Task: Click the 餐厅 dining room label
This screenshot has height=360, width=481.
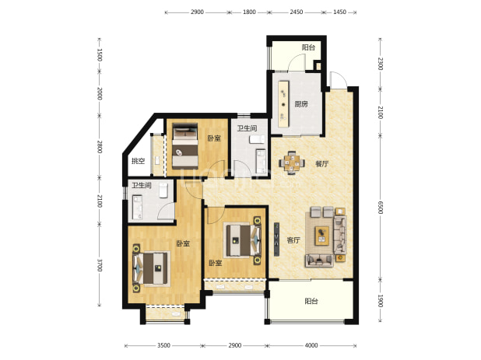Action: pos(321,164)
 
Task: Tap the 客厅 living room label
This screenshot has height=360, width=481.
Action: pos(293,240)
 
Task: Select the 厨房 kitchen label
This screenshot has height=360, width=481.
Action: pos(301,104)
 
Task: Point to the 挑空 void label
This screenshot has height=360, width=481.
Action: pos(138,161)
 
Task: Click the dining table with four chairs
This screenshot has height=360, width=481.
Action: pos(292,163)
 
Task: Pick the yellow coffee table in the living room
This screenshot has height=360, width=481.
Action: pos(321,236)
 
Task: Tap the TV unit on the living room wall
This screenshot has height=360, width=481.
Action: pos(277,239)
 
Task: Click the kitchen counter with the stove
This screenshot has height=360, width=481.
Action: pos(284,103)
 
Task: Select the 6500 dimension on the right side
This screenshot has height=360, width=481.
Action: pos(381,208)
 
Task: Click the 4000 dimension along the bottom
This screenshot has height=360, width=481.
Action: pos(311,345)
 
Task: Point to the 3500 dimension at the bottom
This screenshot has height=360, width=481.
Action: pos(163,345)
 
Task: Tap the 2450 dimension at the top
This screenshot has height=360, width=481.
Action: pos(297,12)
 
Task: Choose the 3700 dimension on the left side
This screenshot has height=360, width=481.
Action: pos(100,265)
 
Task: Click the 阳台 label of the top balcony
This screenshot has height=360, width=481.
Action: pos(308,47)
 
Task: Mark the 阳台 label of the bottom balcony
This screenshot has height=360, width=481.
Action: pos(311,301)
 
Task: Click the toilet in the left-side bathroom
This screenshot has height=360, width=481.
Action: pos(163,190)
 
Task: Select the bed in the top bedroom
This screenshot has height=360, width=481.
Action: pos(184,146)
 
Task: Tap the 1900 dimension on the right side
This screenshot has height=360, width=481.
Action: pos(381,301)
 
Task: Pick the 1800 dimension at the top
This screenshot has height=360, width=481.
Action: pos(249,12)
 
